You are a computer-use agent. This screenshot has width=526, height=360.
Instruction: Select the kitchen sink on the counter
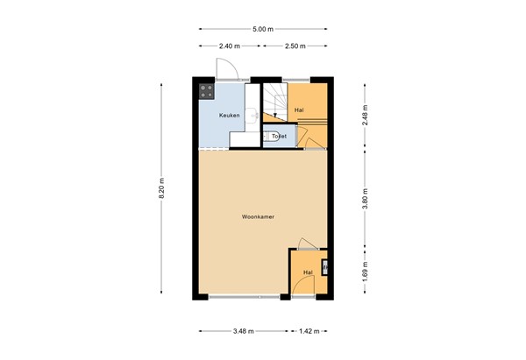(253, 113)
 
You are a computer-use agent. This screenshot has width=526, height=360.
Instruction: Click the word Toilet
(279, 137)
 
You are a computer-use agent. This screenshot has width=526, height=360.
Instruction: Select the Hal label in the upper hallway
(300, 109)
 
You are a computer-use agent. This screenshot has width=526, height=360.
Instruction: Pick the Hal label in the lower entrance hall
(307, 272)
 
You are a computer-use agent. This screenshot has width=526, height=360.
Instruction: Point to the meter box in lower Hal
(325, 266)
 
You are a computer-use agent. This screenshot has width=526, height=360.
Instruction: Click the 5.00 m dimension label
(262, 30)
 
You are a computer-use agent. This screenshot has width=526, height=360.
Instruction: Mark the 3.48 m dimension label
(244, 332)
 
